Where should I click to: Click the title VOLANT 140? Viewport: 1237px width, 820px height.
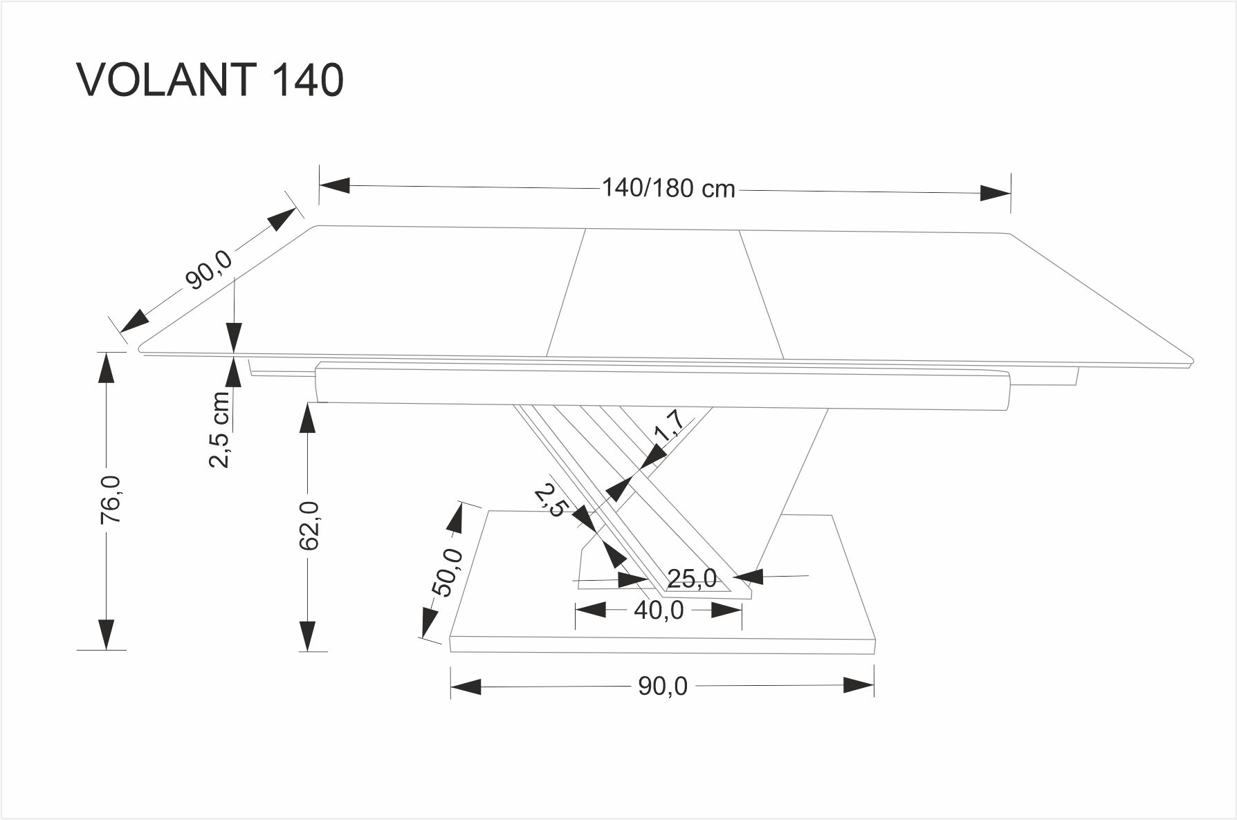pyautogui.click(x=210, y=80)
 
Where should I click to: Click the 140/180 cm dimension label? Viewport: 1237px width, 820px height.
pyautogui.click(x=668, y=188)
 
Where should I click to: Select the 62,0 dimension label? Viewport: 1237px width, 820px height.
pyautogui.click(x=311, y=525)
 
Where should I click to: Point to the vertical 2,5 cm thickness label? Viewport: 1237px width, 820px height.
pyautogui.click(x=219, y=429)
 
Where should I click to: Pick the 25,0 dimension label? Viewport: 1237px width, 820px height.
pyautogui.click(x=693, y=578)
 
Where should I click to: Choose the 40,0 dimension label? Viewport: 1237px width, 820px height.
pyautogui.click(x=659, y=610)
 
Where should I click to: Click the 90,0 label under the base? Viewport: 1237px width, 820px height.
pyautogui.click(x=663, y=686)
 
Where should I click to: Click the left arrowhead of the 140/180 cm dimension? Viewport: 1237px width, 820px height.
pyautogui.click(x=335, y=185)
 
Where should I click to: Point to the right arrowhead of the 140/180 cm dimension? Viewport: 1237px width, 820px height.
pyautogui.click(x=996, y=193)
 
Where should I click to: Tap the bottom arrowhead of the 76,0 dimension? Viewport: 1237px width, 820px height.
pyautogui.click(x=106, y=635)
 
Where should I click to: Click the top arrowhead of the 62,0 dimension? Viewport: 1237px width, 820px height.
pyautogui.click(x=306, y=418)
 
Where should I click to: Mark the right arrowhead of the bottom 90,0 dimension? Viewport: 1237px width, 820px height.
pyautogui.click(x=859, y=686)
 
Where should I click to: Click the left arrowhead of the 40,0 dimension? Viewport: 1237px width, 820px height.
pyautogui.click(x=591, y=610)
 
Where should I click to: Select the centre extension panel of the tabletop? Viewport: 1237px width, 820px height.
pyautogui.click(x=665, y=295)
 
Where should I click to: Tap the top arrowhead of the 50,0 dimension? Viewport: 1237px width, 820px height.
pyautogui.click(x=457, y=518)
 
